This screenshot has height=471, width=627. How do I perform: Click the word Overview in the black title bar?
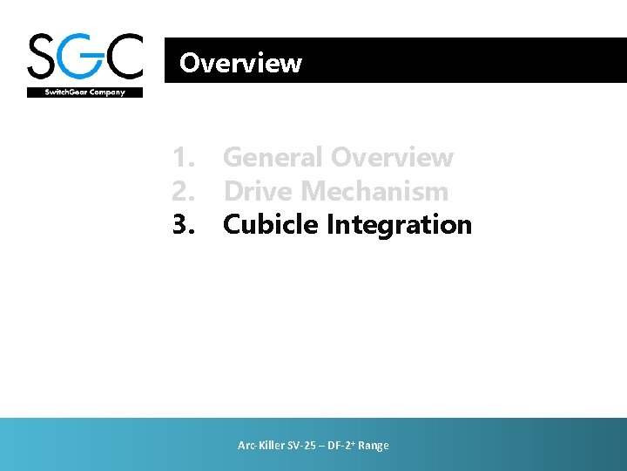(x=240, y=63)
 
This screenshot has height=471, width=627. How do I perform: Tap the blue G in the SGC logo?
(x=85, y=57)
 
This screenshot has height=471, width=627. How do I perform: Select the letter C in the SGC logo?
(x=124, y=57)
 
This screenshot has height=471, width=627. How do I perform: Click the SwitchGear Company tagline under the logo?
(x=84, y=92)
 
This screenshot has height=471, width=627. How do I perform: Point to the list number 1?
(x=183, y=158)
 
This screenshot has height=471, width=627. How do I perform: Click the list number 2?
(x=183, y=191)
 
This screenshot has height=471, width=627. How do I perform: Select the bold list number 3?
(x=183, y=224)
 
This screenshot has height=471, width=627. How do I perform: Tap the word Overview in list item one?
(x=393, y=158)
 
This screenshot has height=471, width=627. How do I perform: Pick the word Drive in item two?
(x=257, y=191)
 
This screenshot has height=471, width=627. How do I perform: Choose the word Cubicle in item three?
(x=271, y=224)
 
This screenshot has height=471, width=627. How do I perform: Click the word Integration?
(x=399, y=224)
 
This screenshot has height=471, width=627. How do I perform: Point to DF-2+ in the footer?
(x=340, y=446)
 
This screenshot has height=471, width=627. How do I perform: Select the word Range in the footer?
(x=373, y=446)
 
